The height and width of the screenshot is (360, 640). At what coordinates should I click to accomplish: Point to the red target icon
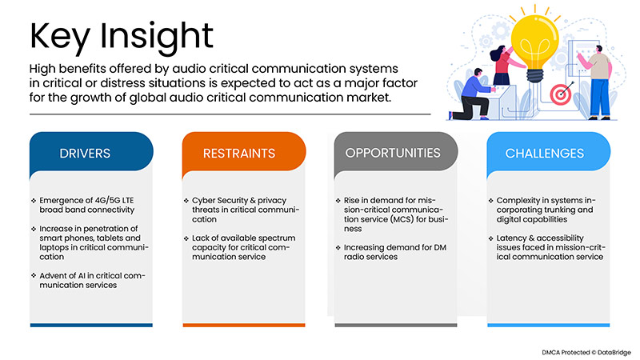click(561, 94)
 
